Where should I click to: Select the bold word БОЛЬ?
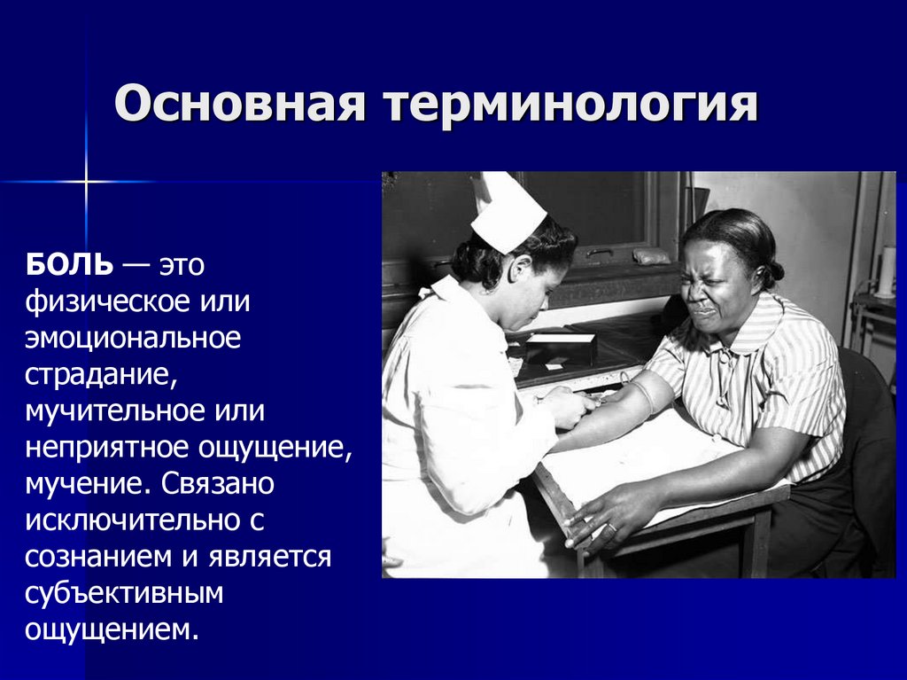69,264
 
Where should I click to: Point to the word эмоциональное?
132,337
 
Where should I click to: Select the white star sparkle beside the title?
86,182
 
